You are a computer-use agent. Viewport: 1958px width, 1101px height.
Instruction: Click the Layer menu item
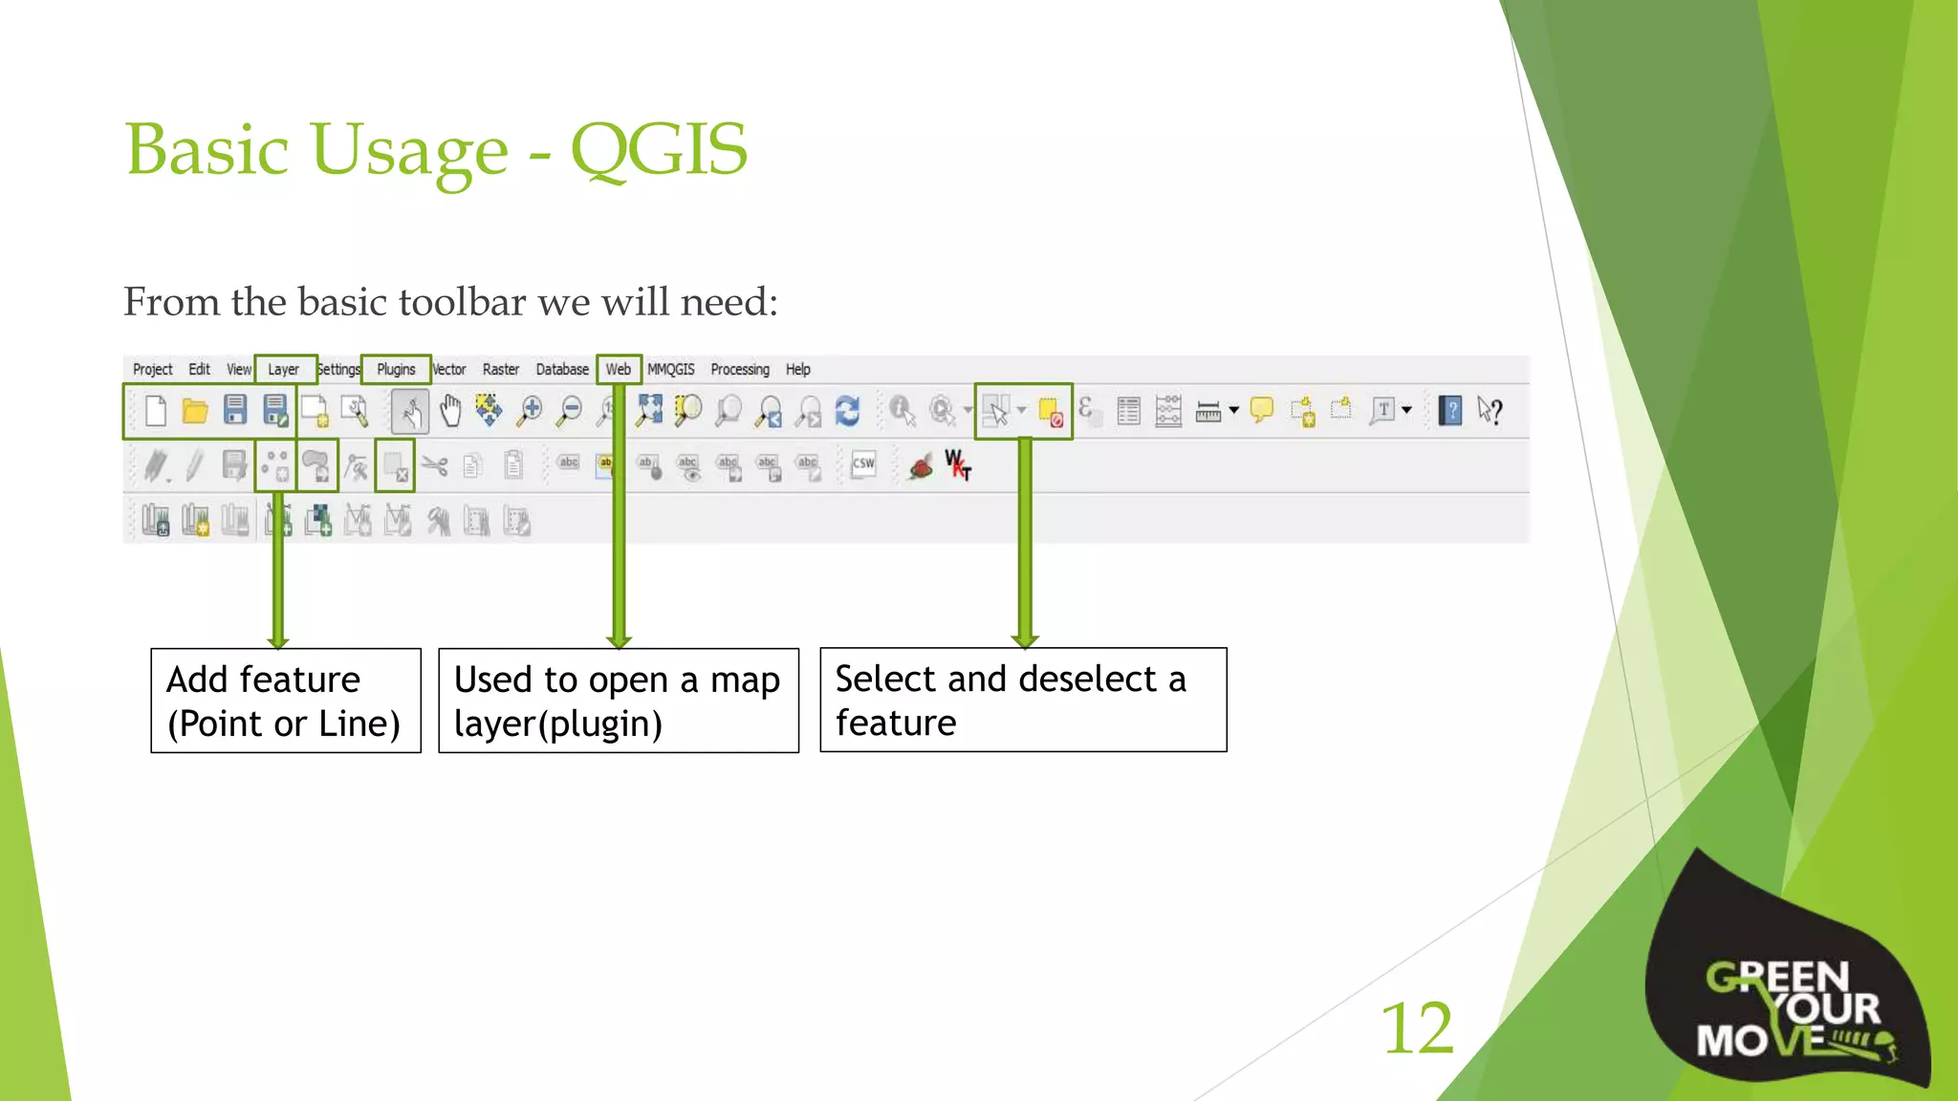(x=283, y=370)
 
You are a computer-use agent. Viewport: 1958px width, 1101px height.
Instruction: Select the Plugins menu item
(x=396, y=370)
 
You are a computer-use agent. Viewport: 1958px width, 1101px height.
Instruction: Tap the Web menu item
(x=619, y=370)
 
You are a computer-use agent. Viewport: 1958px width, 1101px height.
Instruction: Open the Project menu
(x=152, y=370)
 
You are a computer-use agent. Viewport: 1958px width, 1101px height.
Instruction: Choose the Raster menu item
(x=500, y=370)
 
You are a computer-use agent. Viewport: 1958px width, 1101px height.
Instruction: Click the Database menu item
(x=562, y=370)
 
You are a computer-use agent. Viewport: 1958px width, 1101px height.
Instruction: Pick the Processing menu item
(x=740, y=370)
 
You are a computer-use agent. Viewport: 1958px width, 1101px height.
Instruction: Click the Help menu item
(x=798, y=370)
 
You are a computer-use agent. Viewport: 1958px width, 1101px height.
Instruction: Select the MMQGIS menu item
(x=671, y=370)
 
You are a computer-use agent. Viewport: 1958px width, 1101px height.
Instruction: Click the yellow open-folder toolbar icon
(x=195, y=411)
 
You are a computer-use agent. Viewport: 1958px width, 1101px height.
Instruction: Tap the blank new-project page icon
(x=156, y=411)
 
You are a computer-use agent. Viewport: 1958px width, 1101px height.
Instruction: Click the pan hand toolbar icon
(x=450, y=411)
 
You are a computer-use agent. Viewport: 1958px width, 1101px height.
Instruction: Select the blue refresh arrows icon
(x=847, y=411)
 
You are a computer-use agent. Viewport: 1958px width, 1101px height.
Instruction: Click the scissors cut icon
(x=435, y=466)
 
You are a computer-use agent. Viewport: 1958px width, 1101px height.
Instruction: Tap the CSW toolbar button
(x=863, y=464)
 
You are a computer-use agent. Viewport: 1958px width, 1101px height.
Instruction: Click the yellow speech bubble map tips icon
(x=1262, y=410)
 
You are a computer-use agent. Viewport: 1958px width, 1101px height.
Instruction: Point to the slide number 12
(x=1417, y=1029)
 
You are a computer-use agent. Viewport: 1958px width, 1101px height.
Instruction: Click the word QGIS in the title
(x=659, y=150)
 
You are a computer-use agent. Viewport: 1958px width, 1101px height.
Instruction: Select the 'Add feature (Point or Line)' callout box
(x=286, y=701)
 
